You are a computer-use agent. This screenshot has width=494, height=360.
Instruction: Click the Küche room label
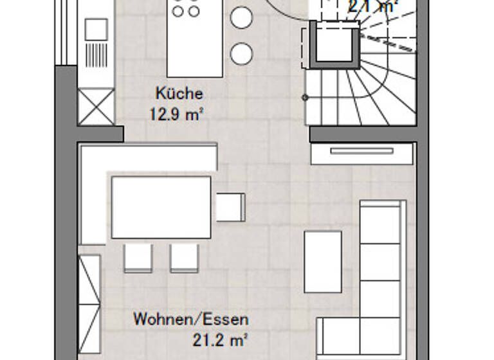point(179,94)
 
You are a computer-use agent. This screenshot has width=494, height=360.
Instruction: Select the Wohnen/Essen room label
point(190,319)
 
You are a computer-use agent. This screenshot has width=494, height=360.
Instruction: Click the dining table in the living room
point(161,208)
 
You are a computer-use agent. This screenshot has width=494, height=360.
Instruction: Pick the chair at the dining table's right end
point(230,207)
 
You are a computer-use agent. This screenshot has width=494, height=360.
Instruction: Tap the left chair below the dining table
point(138,257)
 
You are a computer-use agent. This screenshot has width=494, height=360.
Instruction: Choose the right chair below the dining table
point(184,257)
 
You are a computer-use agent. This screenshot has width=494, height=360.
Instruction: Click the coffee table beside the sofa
point(322,261)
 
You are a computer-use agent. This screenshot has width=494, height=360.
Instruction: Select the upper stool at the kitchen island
point(242,18)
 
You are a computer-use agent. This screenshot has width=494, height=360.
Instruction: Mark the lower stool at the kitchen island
point(242,53)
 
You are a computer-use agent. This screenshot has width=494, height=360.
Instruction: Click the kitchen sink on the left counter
point(96,29)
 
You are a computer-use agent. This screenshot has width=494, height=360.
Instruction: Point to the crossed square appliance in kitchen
point(96,106)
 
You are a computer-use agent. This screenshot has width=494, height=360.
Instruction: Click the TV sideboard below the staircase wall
point(361,152)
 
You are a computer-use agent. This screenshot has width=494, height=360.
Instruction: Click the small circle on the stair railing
point(305,98)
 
